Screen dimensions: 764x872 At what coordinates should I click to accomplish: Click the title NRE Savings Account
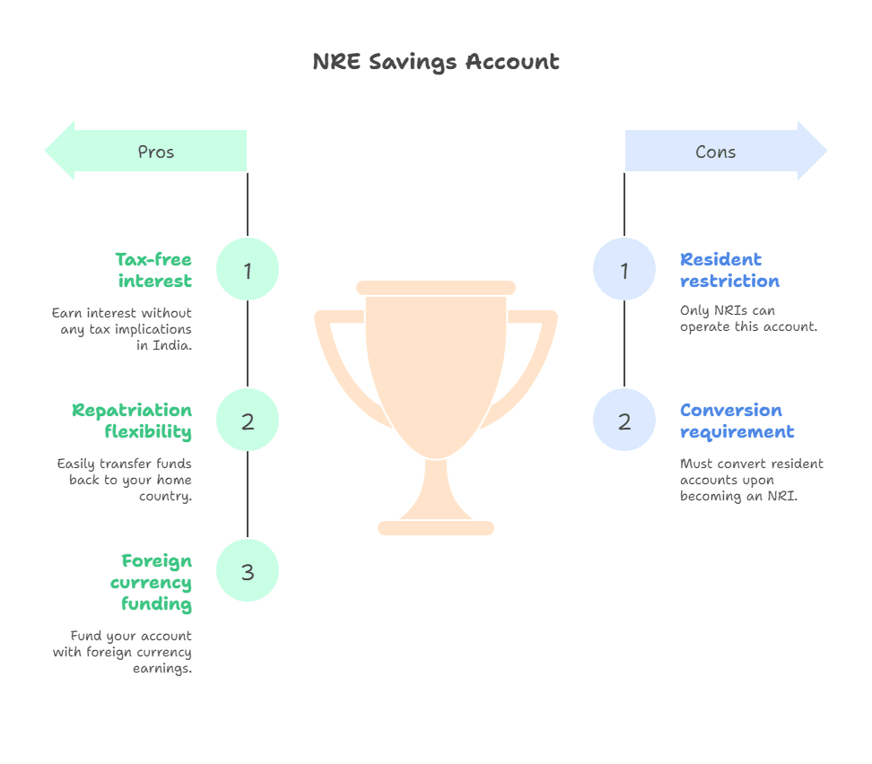pyautogui.click(x=436, y=62)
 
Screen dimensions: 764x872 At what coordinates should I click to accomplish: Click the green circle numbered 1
pyautogui.click(x=248, y=270)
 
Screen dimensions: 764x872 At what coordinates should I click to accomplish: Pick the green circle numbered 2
pyautogui.click(x=248, y=421)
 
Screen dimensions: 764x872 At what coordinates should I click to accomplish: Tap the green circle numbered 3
pyautogui.click(x=248, y=571)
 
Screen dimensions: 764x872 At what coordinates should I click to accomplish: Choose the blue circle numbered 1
pyautogui.click(x=624, y=270)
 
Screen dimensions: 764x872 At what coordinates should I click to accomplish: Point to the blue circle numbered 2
pyautogui.click(x=624, y=421)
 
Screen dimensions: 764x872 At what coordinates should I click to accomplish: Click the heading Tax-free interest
pyautogui.click(x=153, y=270)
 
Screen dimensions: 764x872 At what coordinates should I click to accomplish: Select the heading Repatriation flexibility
pyautogui.click(x=132, y=421)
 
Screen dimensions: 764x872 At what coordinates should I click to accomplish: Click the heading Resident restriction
pyautogui.click(x=728, y=270)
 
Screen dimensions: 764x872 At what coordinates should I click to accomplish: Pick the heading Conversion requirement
pyautogui.click(x=737, y=421)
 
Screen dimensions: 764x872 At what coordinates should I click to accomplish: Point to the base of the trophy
pyautogui.click(x=436, y=527)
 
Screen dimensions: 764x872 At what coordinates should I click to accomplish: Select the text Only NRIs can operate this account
pyautogui.click(x=748, y=318)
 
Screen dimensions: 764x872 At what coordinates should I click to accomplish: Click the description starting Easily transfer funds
pyautogui.click(x=125, y=480)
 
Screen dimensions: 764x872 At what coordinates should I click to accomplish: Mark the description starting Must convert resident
pyautogui.click(x=751, y=480)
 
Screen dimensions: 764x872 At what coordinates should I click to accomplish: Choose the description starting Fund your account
pyautogui.click(x=123, y=652)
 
